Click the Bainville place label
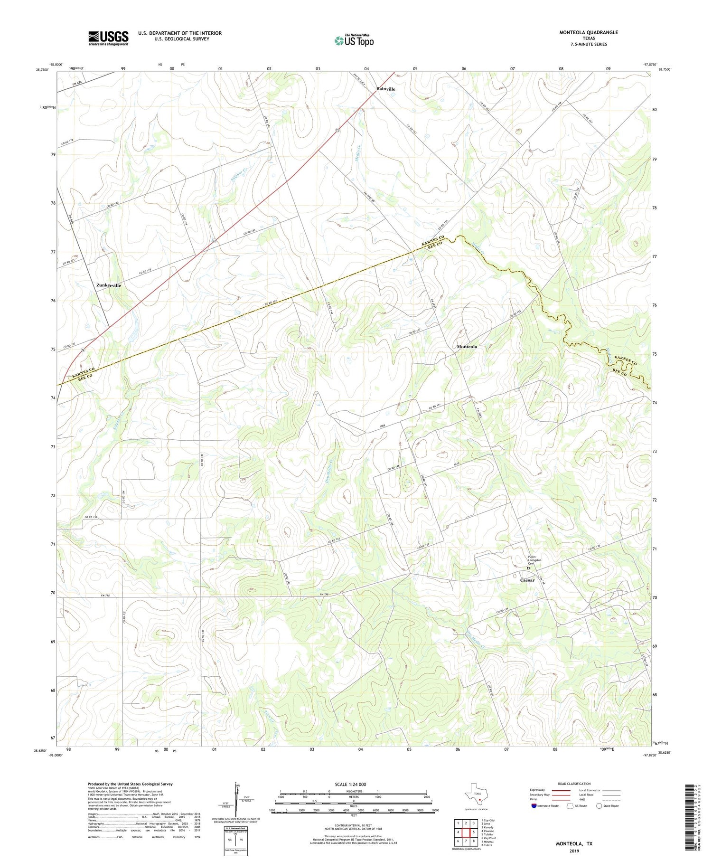385,89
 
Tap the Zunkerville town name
108,285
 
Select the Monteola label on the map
467,347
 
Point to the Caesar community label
527,580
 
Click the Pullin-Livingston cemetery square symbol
528,568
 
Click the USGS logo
108,38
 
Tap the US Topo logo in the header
354,41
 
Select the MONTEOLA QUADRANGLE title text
589,32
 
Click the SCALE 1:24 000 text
350,784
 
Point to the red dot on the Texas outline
480,799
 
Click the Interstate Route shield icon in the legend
535,805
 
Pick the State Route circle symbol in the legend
600,805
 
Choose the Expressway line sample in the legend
561,790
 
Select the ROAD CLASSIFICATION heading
574,784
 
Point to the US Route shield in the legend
570,805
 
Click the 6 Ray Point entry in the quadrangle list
489,838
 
